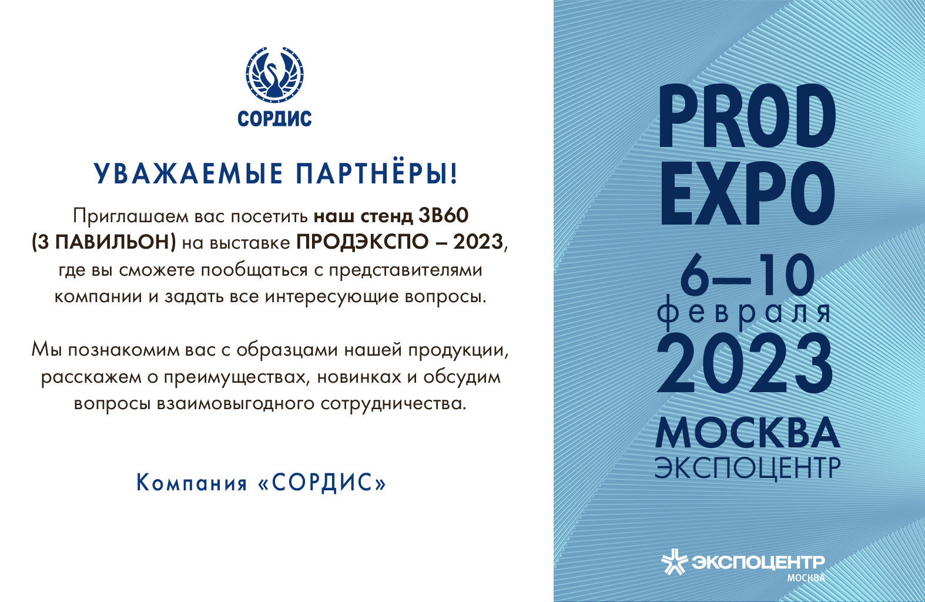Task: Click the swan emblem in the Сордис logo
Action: [x=274, y=75]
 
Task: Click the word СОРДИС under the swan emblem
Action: [x=274, y=119]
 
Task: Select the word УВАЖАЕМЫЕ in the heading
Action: [x=188, y=173]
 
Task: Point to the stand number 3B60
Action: [x=444, y=216]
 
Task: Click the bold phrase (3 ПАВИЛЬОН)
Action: [x=103, y=242]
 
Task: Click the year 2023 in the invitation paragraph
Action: [x=478, y=242]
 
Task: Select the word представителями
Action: [x=405, y=270]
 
